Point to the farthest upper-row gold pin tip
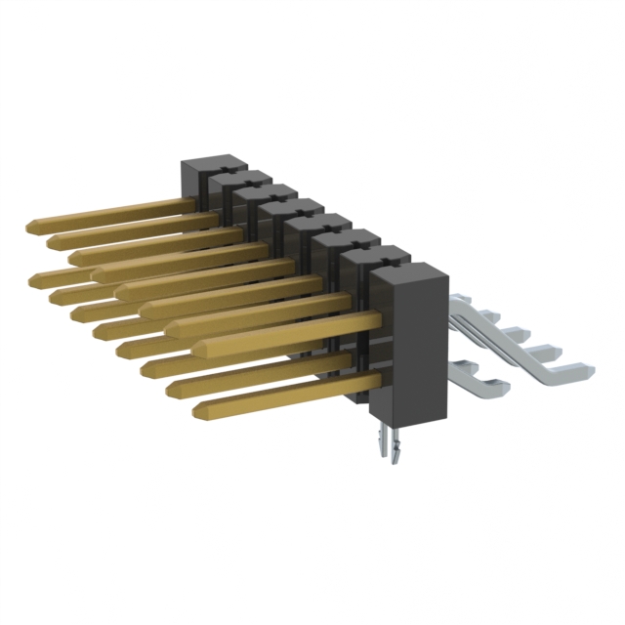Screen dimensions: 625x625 click(x=32, y=226)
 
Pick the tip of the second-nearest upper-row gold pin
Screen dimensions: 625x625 click(x=172, y=327)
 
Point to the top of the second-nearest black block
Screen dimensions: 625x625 click(x=376, y=256)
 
